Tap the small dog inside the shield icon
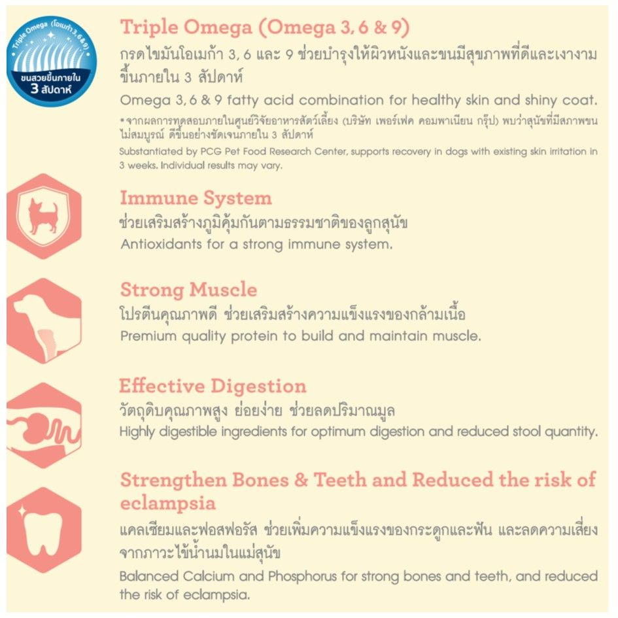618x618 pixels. pos(43,216)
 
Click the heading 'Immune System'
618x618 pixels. pos(196,197)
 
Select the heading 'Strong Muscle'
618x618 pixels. pos(188,289)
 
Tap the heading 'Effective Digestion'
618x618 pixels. pos(213,385)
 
